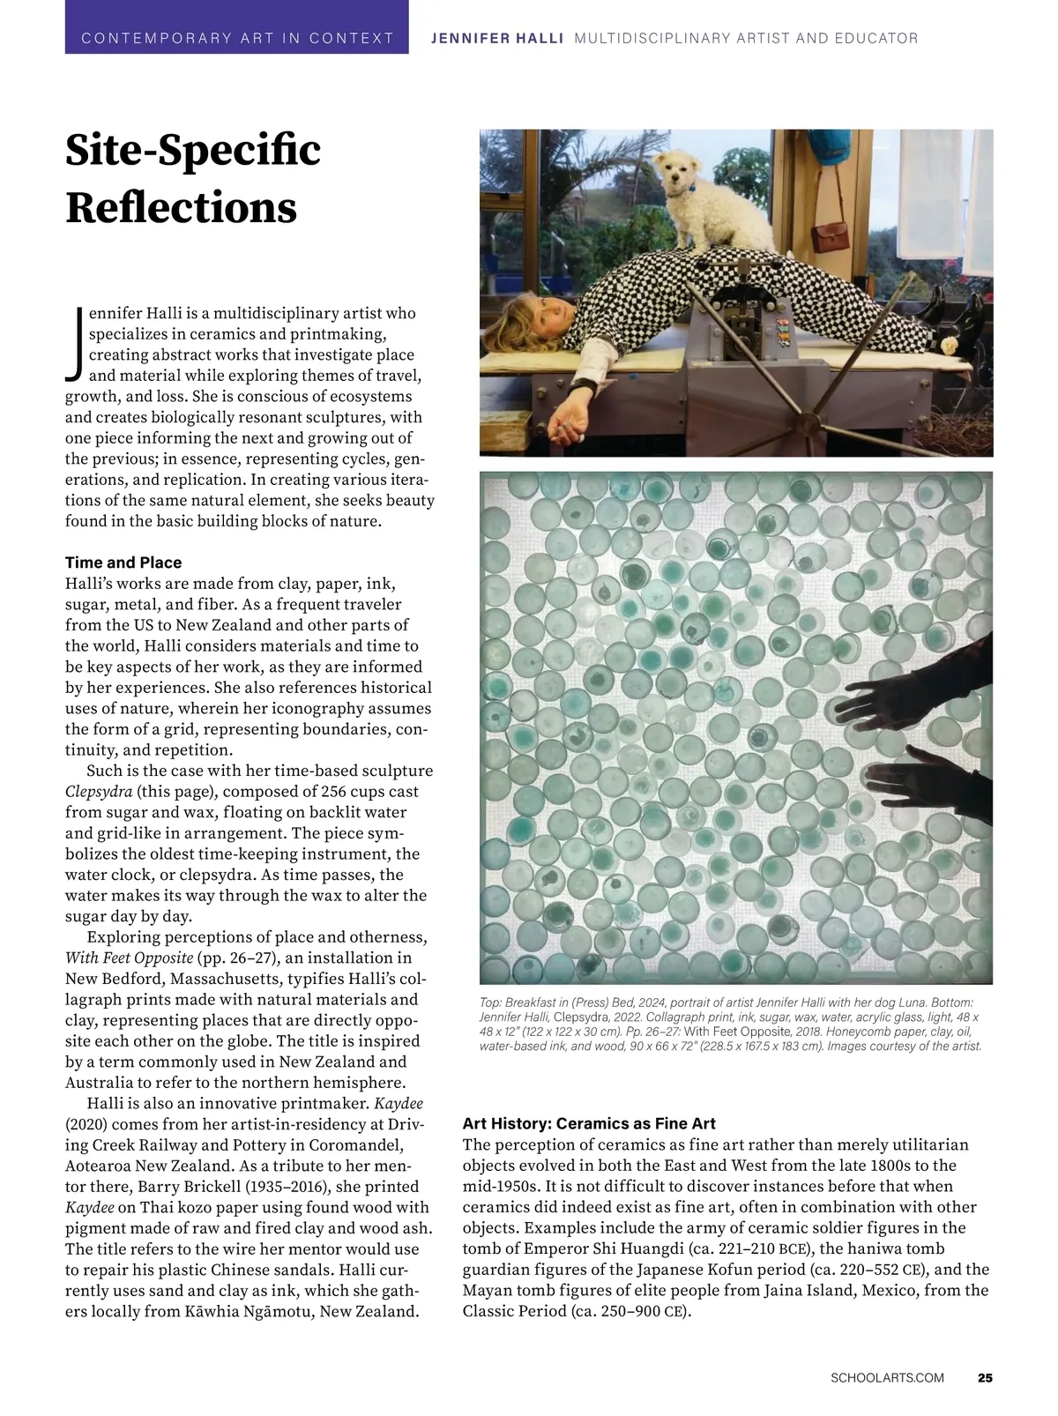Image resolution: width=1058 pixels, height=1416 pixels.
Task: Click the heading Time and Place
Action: (123, 563)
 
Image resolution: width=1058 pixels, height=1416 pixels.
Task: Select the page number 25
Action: (985, 1377)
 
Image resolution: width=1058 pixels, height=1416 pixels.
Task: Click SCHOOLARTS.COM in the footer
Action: (887, 1377)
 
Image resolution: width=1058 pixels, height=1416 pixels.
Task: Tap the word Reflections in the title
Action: (181, 207)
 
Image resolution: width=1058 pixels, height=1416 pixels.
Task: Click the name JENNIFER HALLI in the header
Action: (496, 39)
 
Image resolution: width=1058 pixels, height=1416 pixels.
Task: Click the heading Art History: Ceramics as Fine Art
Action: (589, 1123)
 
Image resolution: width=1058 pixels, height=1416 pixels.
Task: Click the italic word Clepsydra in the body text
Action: (98, 791)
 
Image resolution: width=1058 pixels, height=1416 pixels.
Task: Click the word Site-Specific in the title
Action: (193, 150)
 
